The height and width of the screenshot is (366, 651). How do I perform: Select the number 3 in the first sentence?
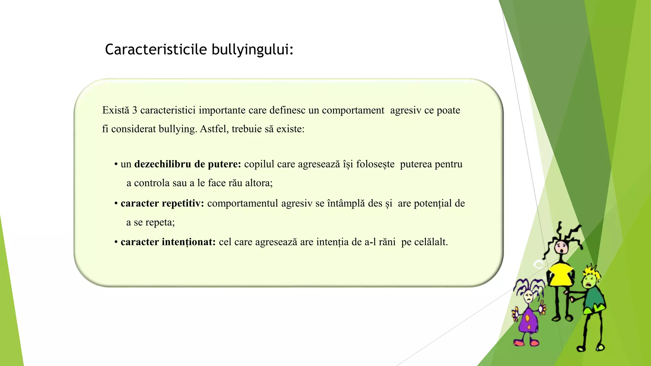tap(134, 110)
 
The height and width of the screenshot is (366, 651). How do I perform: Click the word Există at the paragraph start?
tap(116, 110)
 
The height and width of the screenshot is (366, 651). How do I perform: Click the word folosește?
tap(375, 164)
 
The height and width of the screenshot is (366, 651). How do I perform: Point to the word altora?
tap(258, 183)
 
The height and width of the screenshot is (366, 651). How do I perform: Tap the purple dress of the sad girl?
tap(528, 321)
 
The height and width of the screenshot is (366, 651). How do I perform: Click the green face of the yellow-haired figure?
tap(590, 281)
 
